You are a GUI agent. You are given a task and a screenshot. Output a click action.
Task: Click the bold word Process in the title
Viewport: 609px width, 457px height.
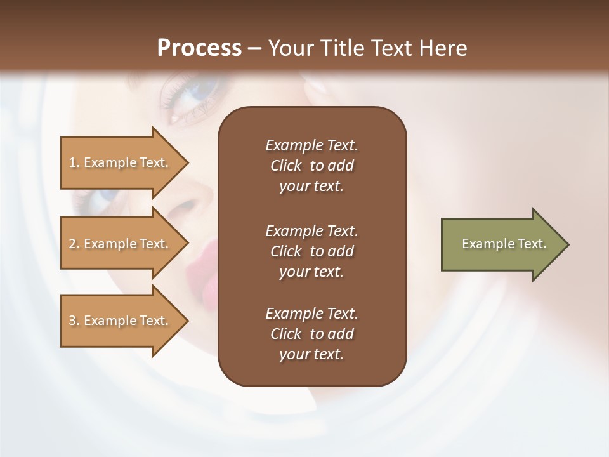[x=199, y=48]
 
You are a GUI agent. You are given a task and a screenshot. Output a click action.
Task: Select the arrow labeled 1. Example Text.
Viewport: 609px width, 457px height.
[x=121, y=162]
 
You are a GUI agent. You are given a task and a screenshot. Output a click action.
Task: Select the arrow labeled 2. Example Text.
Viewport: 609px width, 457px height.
[x=121, y=244]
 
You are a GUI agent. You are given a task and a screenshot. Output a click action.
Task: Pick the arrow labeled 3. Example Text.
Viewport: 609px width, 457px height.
[x=121, y=321]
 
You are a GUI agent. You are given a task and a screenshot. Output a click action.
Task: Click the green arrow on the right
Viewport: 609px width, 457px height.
[x=501, y=244]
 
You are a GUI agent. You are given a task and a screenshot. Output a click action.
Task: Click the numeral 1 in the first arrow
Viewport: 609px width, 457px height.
[x=72, y=162]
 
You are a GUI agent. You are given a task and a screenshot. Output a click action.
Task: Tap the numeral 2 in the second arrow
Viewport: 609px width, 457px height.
[x=72, y=244]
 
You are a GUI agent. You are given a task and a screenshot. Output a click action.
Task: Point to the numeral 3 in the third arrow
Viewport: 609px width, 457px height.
[x=72, y=321]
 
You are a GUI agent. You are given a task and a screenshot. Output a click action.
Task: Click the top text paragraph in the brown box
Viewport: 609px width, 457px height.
[x=311, y=166]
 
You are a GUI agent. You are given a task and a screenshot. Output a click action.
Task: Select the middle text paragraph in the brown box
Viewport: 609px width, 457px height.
[x=311, y=251]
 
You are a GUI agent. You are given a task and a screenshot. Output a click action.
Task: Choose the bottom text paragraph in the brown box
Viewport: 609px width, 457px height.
[x=311, y=334]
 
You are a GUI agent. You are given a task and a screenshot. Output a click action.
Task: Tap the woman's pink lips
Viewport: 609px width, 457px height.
[x=203, y=260]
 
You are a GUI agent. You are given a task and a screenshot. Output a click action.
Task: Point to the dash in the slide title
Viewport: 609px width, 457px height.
[x=254, y=48]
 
